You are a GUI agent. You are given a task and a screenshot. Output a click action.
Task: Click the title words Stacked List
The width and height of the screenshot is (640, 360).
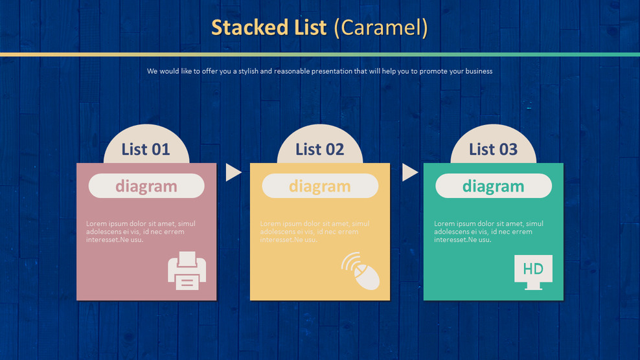269,28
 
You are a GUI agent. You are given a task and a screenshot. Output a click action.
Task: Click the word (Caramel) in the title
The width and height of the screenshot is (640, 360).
382,28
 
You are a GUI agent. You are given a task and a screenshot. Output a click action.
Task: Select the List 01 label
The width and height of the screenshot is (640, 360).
146,150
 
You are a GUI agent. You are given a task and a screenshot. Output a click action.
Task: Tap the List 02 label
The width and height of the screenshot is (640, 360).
319,150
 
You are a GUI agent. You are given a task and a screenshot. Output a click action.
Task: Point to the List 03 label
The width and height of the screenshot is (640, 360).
493,150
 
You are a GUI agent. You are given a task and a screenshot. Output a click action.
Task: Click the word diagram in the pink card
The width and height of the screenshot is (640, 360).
146,186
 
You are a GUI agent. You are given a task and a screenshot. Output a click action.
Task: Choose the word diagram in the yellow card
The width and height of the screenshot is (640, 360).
319,186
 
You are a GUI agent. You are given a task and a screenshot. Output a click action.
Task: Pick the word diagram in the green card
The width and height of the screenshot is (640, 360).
493,186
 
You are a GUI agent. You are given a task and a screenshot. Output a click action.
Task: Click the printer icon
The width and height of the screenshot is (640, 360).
187,269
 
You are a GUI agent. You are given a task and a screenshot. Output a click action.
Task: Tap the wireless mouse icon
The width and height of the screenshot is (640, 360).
361,271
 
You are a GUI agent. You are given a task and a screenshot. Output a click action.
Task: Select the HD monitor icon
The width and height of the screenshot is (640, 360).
533,271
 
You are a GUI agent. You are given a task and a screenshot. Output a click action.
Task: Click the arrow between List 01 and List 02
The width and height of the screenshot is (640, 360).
233,172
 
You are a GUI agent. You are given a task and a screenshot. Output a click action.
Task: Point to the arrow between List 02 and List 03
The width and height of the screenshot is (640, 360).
409,172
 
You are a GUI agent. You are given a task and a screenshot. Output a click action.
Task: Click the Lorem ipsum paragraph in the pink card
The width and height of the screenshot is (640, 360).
141,232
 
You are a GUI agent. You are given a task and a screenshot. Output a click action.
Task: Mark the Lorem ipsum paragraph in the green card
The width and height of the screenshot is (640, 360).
488,232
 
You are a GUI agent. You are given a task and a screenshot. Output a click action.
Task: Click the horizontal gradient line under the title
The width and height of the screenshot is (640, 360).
320,54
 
